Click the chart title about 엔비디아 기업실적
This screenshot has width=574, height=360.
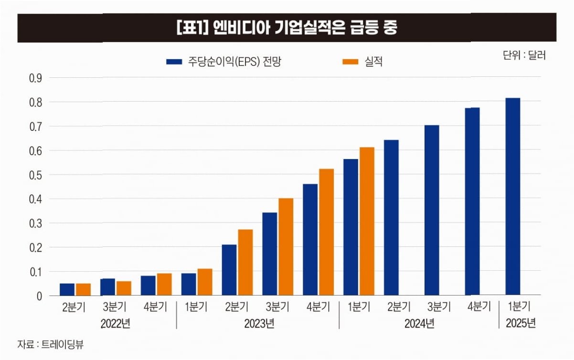tap(287, 28)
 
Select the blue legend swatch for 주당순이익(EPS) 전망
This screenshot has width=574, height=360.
tap(174, 62)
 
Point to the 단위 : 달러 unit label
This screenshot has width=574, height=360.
tap(524, 55)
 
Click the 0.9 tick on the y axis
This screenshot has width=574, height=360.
tap(36, 78)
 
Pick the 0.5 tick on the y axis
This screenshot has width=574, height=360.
tap(36, 175)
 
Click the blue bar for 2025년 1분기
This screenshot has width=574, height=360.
tap(513, 196)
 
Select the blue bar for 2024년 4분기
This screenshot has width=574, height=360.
tap(472, 201)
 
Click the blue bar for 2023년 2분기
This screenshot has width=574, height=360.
tap(229, 270)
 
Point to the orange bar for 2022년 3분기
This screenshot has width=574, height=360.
tap(124, 288)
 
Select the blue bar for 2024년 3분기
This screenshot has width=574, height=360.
tap(432, 210)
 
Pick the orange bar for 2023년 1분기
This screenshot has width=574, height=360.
tap(205, 282)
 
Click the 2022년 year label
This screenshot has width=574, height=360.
tap(116, 324)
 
